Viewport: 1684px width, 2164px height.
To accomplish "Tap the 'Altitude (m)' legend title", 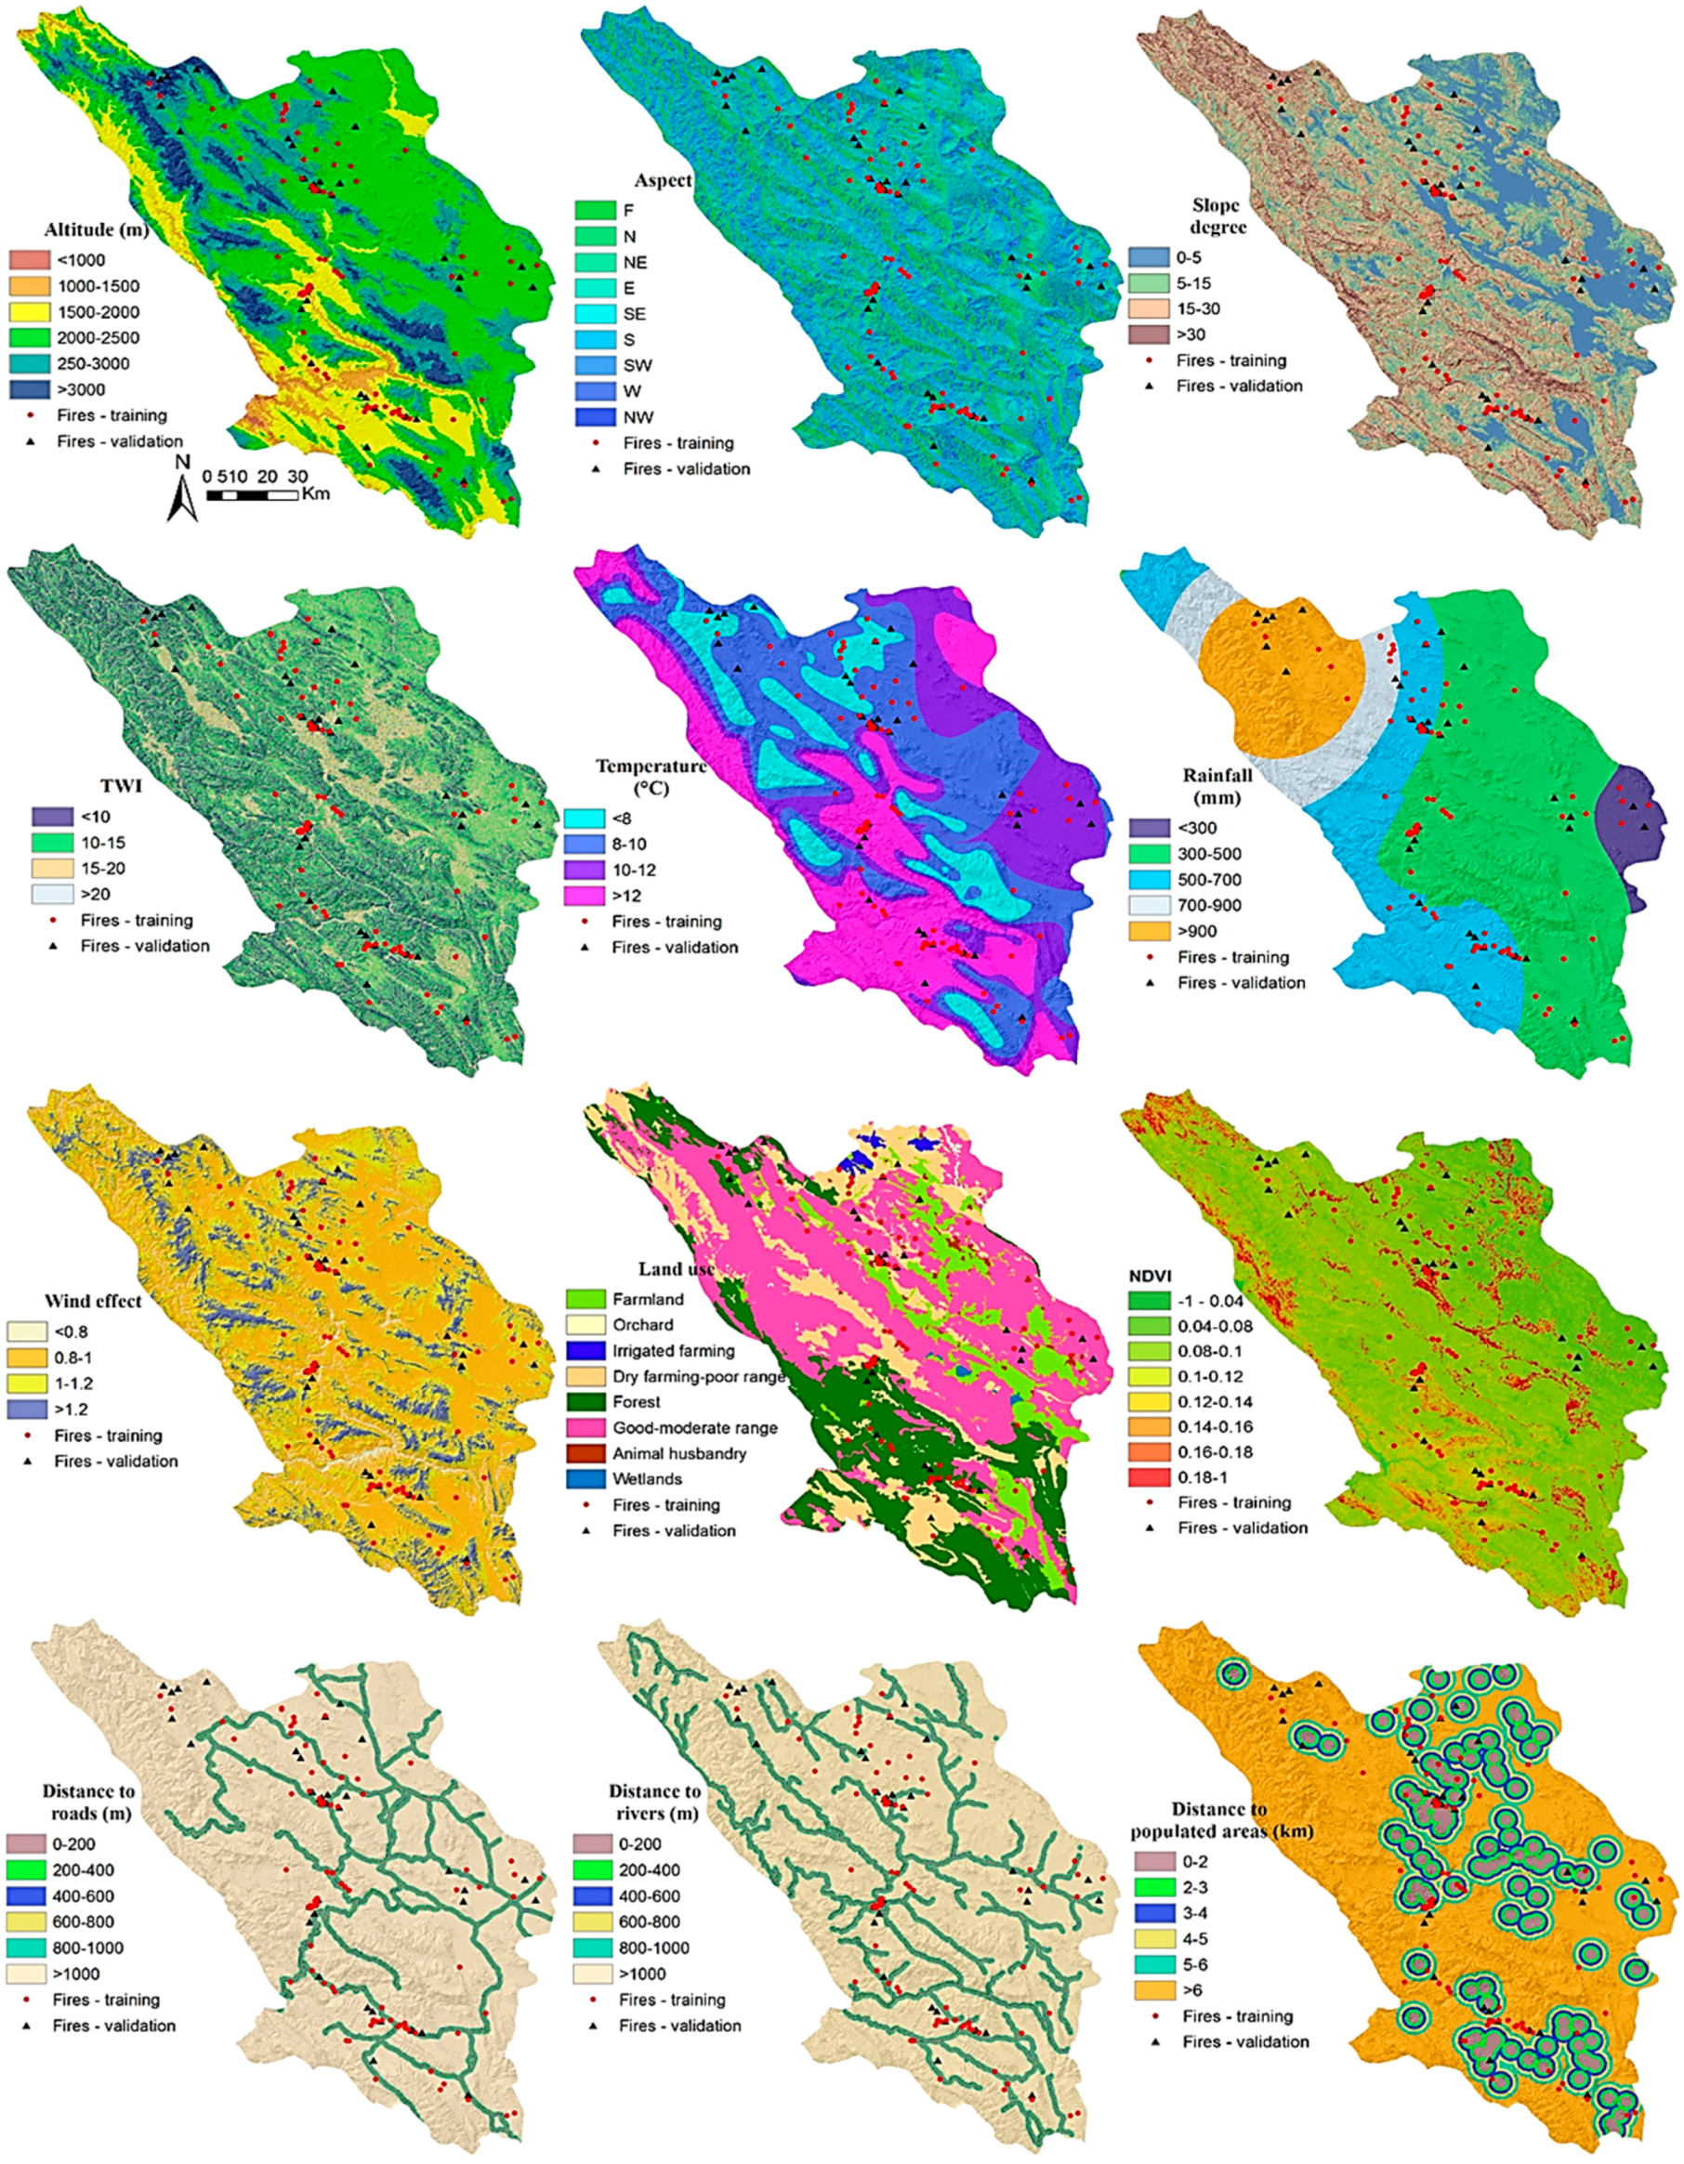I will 96,230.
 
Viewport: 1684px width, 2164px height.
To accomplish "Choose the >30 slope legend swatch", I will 1151,334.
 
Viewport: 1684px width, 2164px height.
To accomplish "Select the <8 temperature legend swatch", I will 585,819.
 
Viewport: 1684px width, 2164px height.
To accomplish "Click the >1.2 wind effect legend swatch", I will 29,1409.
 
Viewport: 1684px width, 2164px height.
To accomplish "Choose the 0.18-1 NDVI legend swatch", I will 1151,1478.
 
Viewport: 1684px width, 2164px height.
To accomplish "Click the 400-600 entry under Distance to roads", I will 28,1896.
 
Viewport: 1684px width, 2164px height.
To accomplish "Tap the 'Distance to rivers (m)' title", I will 654,1803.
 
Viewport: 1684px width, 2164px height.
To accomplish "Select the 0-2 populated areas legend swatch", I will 1152,1862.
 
